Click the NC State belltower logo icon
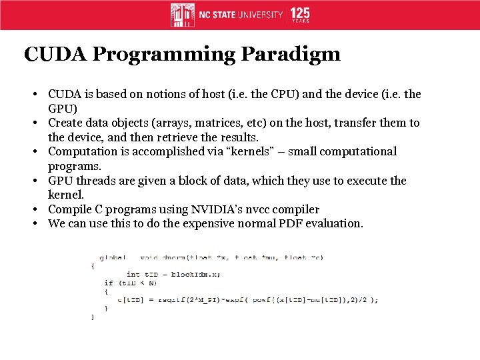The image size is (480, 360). pos(183,14)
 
